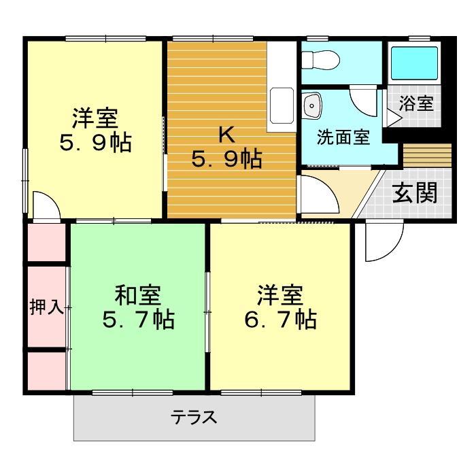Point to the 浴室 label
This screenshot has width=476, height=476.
416,104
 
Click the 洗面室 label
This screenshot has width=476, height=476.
343,137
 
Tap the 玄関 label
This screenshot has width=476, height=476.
414,194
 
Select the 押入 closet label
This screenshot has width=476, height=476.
46,307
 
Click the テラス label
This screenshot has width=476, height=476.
194,416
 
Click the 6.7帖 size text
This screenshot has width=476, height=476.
281,319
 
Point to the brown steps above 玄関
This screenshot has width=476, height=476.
427,156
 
